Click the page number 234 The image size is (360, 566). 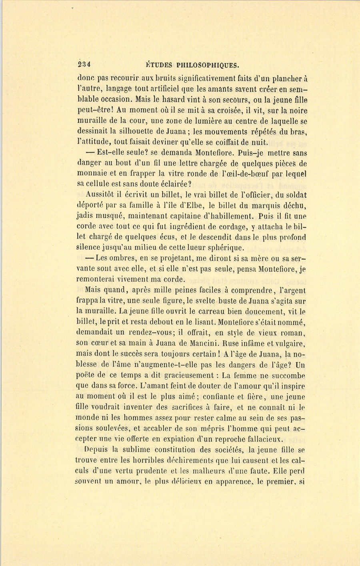(84, 64)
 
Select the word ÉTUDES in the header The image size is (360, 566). (158, 65)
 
